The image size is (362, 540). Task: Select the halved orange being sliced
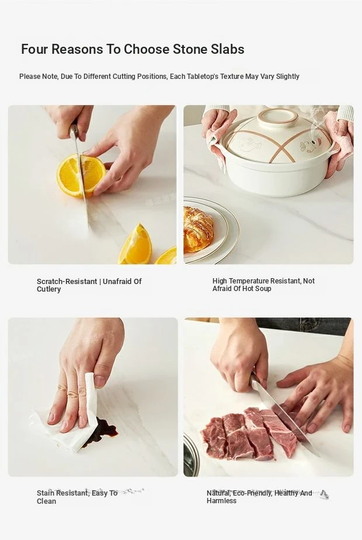pos(81,175)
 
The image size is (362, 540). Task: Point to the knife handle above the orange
pos(74,133)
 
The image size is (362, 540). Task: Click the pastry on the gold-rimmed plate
pos(197,230)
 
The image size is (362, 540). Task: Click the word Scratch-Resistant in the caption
pos(67,282)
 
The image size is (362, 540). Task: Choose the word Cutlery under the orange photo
pos(49,290)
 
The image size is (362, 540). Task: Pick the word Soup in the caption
pos(263,289)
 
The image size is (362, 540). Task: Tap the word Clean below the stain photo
pos(47,501)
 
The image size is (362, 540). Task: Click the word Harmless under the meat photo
pos(222,501)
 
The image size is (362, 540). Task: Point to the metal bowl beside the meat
pos(191,455)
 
